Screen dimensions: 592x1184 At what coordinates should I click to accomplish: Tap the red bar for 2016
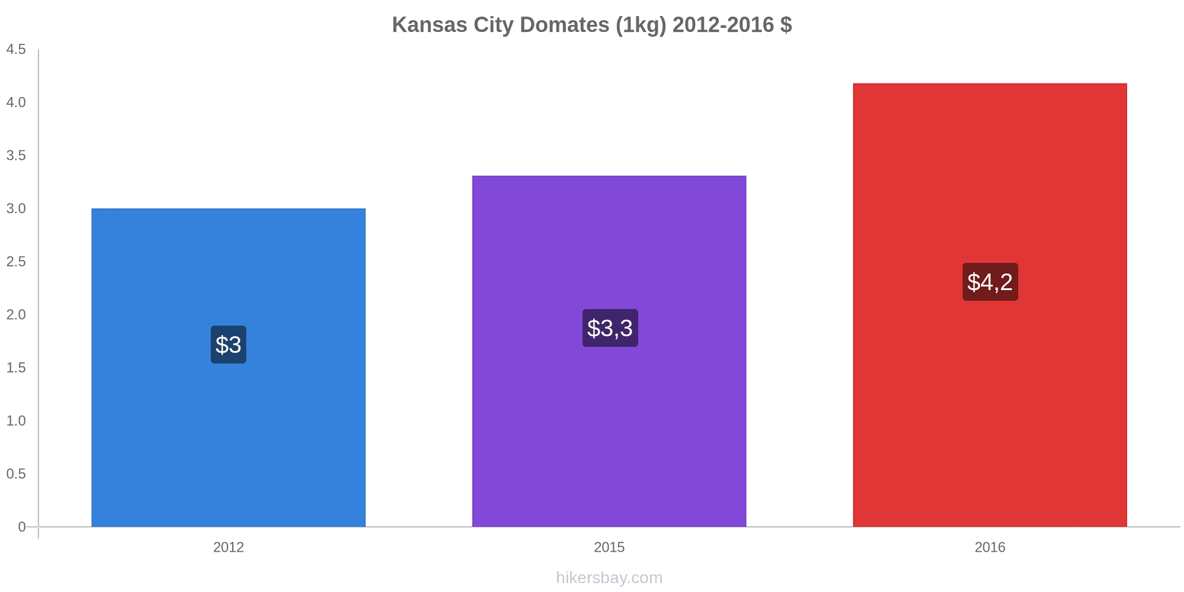[990, 414]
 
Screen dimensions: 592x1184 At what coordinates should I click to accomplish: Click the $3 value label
[229, 345]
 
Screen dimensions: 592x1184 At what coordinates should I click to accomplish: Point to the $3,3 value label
[610, 328]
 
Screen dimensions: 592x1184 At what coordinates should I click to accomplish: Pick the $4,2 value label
[990, 282]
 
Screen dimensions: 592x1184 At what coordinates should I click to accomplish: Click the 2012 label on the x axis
[229, 548]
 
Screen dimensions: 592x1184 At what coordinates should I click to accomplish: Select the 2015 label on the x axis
[609, 548]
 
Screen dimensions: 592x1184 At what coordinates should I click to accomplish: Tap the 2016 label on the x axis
[990, 548]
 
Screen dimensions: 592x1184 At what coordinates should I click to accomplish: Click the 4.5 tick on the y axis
[17, 50]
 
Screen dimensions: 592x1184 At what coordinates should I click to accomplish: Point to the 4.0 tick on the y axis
[17, 102]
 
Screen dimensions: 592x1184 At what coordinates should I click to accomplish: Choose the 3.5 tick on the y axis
[17, 156]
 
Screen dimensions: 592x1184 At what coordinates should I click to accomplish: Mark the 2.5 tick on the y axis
[17, 262]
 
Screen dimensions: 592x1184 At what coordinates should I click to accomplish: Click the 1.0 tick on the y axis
[17, 421]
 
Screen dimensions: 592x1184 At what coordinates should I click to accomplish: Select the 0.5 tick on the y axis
[17, 474]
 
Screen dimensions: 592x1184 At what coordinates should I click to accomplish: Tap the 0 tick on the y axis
[22, 527]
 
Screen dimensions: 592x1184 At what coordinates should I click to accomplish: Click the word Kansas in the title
[429, 25]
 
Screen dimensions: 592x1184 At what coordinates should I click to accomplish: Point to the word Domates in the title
[564, 25]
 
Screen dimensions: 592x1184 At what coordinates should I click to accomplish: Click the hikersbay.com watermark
[609, 578]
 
